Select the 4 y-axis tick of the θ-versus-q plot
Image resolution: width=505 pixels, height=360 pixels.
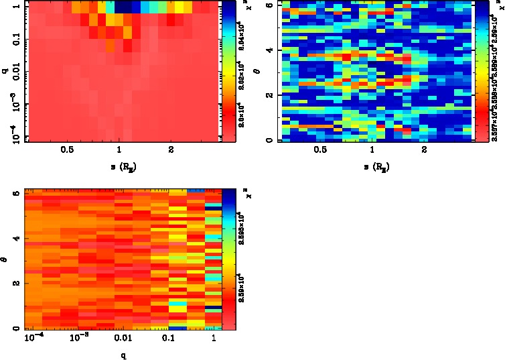pos(15,239)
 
